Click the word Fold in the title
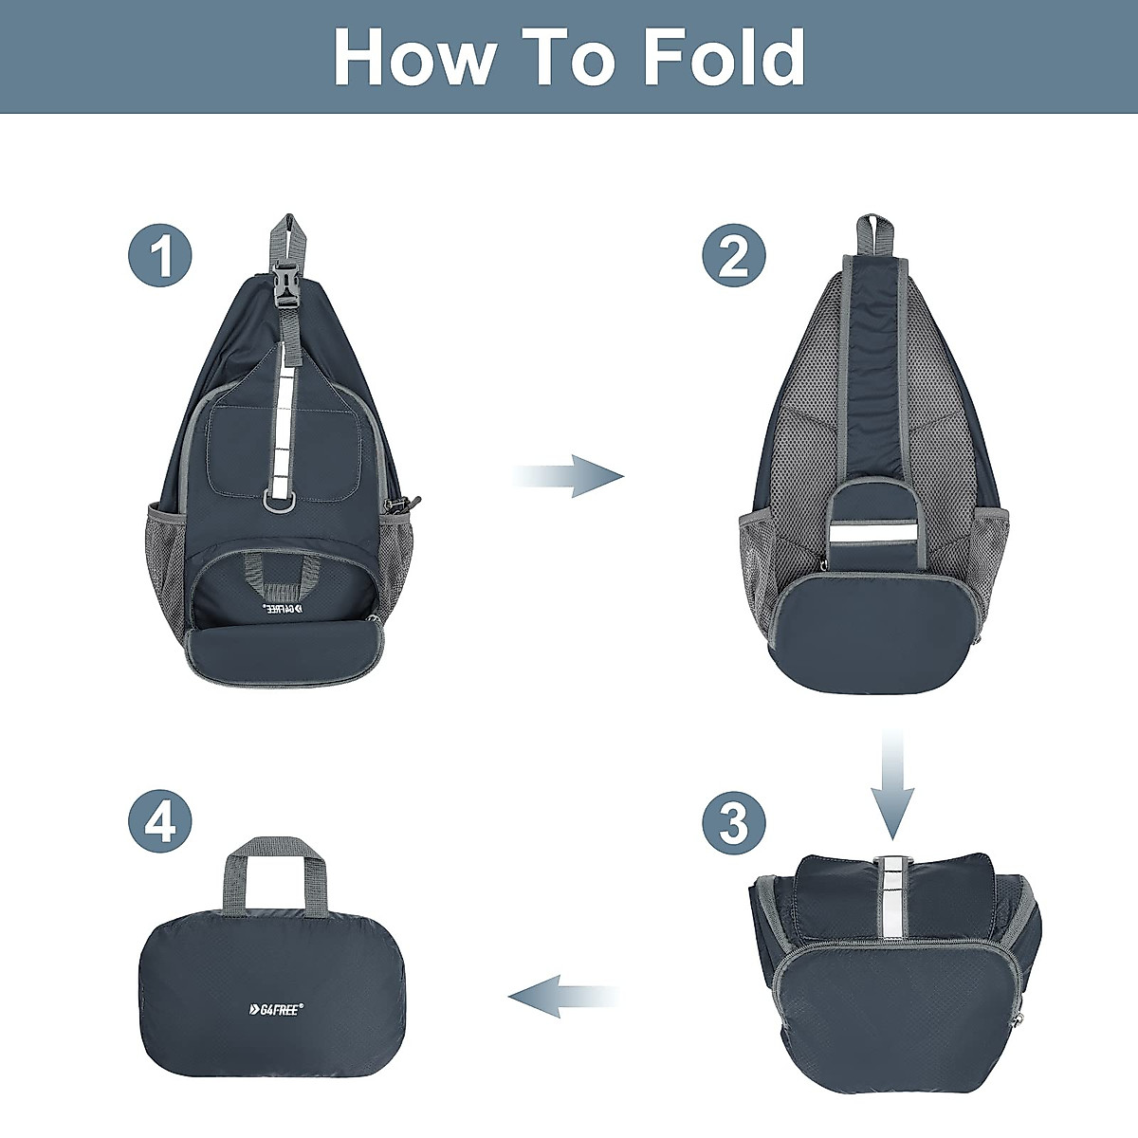[724, 58]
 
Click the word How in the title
[414, 58]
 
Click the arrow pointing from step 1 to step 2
[570, 475]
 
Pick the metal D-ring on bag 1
[282, 501]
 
